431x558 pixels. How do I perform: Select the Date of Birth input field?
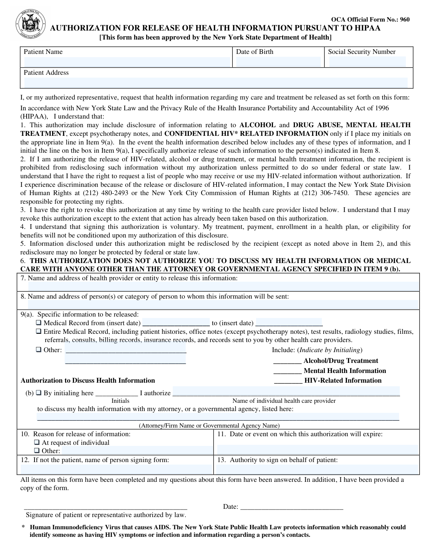pyautogui.click(x=278, y=62)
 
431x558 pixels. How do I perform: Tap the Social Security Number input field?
pyautogui.click(x=367, y=62)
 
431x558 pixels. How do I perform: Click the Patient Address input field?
pyautogui.click(x=216, y=82)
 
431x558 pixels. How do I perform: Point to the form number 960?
pyautogui.click(x=405, y=19)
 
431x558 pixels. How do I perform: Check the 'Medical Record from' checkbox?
pyautogui.click(x=39, y=323)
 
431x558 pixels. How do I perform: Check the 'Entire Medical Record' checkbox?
pyautogui.click(x=39, y=332)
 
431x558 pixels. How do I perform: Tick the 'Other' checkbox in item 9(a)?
pyautogui.click(x=39, y=350)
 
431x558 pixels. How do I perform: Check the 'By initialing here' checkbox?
pyautogui.click(x=39, y=393)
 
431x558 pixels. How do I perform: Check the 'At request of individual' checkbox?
pyautogui.click(x=37, y=442)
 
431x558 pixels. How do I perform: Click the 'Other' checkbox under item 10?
pyautogui.click(x=37, y=451)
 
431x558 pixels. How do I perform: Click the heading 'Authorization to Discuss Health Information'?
pyautogui.click(x=88, y=381)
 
